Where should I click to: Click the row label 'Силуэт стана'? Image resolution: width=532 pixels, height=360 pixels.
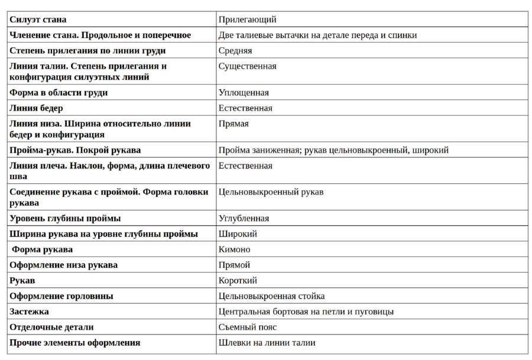coord(38,20)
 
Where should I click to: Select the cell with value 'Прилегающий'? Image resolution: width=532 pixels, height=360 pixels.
coord(248,20)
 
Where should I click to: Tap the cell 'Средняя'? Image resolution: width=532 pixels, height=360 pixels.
coord(235,51)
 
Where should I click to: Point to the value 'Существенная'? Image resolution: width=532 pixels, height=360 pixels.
coord(248,66)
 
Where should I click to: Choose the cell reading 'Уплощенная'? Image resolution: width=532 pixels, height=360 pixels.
coord(244,93)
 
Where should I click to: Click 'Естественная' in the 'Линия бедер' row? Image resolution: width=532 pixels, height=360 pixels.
coord(245,108)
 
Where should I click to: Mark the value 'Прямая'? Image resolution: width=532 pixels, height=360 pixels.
coord(233,124)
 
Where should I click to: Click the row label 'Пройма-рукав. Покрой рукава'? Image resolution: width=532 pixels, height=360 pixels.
coord(75,150)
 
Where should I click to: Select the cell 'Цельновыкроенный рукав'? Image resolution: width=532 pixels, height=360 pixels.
coord(271,192)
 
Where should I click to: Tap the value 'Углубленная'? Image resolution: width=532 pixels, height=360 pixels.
coord(244,218)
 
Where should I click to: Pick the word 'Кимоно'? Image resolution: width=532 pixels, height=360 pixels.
coord(235,249)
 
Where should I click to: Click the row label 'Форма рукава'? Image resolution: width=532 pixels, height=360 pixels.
coord(43,249)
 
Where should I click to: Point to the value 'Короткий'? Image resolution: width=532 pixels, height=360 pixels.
coord(238,280)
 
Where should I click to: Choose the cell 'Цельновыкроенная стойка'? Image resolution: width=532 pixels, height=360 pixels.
coord(271,296)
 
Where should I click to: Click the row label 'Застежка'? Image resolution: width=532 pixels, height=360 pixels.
coord(29,311)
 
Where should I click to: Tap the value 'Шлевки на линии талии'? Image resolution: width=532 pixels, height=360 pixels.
coord(267,342)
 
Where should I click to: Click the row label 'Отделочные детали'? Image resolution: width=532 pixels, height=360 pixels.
coord(51,327)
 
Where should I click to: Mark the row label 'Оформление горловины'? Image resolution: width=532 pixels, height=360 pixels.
coord(61,296)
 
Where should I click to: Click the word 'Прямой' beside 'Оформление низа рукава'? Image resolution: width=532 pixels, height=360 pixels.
coord(234,265)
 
